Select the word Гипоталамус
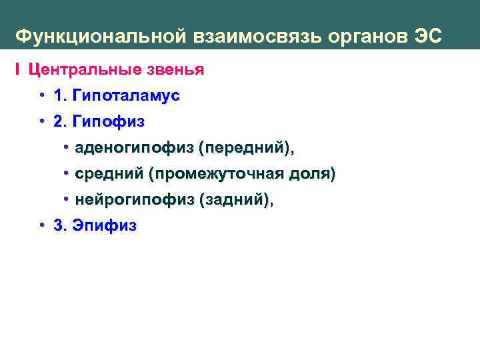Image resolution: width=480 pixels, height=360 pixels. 126,95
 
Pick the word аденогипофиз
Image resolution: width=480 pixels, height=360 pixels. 134,148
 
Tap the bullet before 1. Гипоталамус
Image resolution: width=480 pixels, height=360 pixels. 42,95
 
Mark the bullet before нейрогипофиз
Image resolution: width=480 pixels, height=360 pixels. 67,200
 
